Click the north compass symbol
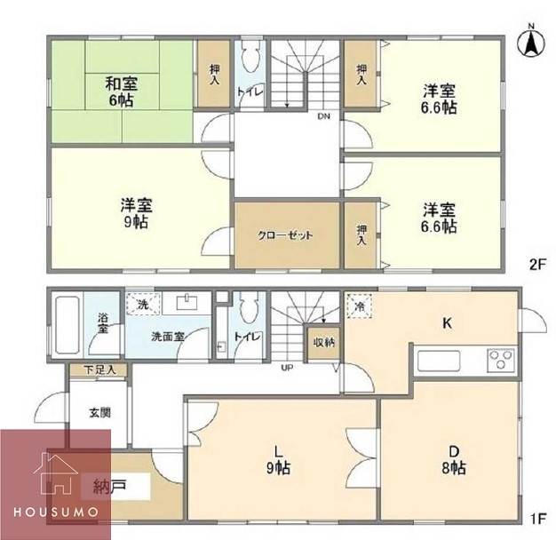point(531,42)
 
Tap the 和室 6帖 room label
point(122,91)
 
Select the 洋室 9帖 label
point(136,213)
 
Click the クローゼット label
point(285,235)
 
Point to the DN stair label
point(323,116)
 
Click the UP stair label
point(287,368)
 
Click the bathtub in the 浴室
point(68,325)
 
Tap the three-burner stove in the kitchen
point(501,361)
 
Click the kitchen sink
point(439,361)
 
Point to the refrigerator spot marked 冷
point(359,306)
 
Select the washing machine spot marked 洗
point(142,304)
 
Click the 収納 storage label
point(324,342)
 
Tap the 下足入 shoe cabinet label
point(99,369)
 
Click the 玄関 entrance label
point(100,412)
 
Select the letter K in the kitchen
point(448,323)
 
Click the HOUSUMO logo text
point(56,512)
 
